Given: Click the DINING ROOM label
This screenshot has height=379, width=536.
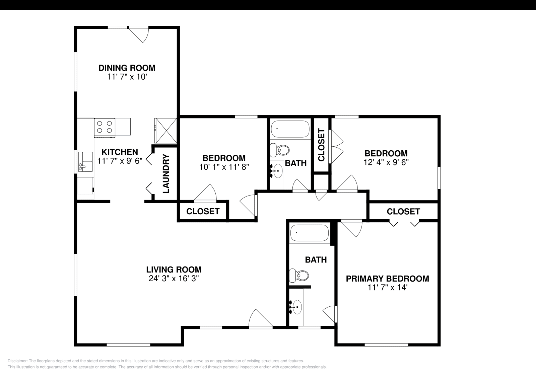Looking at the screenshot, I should (x=127, y=68).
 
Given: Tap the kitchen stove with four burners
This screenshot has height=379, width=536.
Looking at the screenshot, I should (x=105, y=127).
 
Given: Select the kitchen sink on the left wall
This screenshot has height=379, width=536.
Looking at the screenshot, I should (x=85, y=161).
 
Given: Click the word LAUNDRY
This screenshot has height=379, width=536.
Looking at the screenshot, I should (x=166, y=174).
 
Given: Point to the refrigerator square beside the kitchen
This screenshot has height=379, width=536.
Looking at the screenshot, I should (x=165, y=131).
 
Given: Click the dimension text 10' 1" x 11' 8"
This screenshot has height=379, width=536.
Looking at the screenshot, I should (x=224, y=167).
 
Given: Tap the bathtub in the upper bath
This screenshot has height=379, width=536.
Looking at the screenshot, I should (x=290, y=129).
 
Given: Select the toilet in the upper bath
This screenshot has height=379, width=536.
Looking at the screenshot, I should (x=280, y=150).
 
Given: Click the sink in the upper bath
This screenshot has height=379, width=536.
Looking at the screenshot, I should (x=277, y=171).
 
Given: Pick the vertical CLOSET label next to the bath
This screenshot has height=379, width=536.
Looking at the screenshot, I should (x=321, y=145).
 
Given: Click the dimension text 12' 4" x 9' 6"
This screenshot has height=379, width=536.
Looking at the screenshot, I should (x=386, y=162).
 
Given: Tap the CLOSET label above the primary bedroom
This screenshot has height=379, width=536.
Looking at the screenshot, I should (x=403, y=212).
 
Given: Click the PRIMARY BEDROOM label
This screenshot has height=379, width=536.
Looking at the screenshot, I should (x=387, y=279).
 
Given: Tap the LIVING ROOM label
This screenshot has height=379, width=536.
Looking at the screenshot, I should (x=174, y=270).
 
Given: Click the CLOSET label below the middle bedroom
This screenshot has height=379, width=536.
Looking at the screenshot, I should (x=203, y=211).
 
